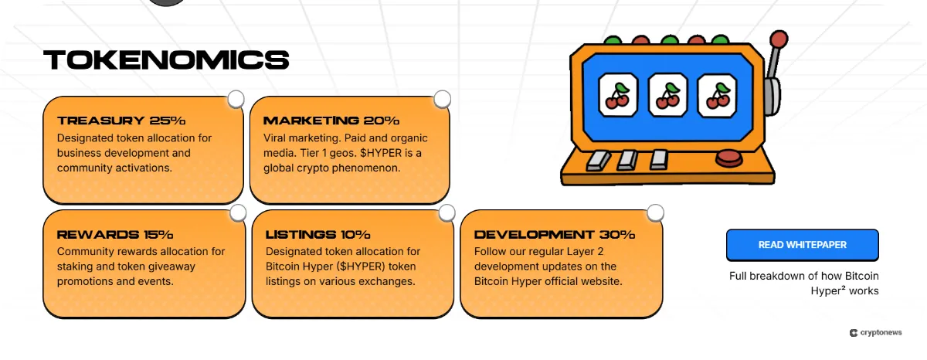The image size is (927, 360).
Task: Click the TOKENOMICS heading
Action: [166, 59]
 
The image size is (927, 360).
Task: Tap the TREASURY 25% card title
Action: [121, 121]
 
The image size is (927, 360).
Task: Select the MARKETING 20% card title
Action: [331, 121]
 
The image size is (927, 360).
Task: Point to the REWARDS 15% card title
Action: [115, 234]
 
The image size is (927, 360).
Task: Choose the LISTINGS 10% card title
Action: [317, 234]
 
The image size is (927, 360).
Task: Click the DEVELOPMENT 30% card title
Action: [554, 234]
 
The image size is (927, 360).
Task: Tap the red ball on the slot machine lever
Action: [779, 39]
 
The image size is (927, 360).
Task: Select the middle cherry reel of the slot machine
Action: [667, 95]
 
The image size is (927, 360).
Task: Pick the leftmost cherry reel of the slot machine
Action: [617, 95]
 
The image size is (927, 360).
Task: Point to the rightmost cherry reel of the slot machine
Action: [717, 95]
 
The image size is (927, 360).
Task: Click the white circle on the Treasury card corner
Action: [236, 99]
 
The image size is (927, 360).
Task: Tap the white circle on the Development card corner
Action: [655, 212]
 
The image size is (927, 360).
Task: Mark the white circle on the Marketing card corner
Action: [442, 99]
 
